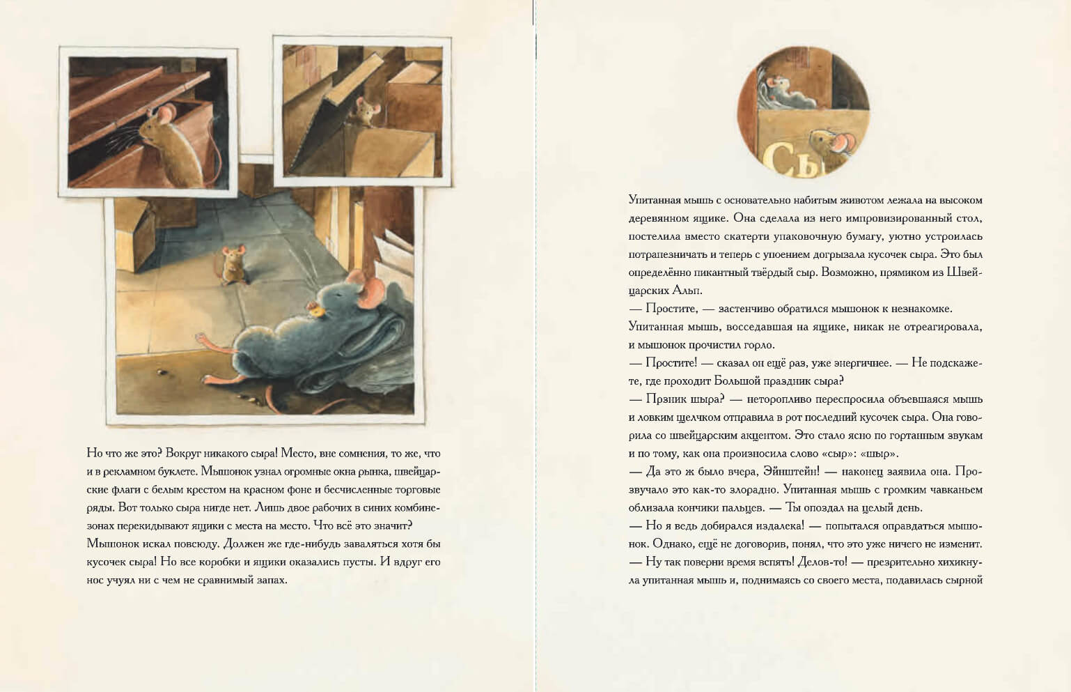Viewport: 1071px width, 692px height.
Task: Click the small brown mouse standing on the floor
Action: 233,265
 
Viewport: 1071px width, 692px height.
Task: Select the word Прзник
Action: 668,399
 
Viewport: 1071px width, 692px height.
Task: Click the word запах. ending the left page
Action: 269,580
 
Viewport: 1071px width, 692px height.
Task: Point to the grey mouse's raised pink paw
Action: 201,337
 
